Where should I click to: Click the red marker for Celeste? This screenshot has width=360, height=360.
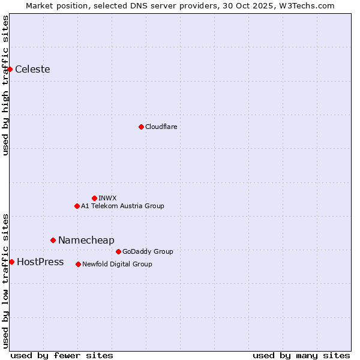pyautogui.click(x=10, y=69)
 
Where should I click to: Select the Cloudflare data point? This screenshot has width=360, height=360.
pyautogui.click(x=141, y=127)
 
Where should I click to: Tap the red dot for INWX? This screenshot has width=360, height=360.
pyautogui.click(x=94, y=198)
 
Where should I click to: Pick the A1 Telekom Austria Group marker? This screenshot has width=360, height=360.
pyautogui.click(x=77, y=206)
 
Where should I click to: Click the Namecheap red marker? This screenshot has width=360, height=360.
pyautogui.click(x=53, y=240)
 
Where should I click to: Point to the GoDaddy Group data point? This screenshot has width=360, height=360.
pyautogui.click(x=118, y=251)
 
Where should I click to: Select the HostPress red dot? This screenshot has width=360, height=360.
pyautogui.click(x=11, y=262)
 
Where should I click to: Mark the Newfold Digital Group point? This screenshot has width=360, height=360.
pyautogui.click(x=78, y=264)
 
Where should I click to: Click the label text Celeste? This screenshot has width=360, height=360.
pyautogui.click(x=32, y=69)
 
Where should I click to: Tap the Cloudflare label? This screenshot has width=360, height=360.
pyautogui.click(x=161, y=127)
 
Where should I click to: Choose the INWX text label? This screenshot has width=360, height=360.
pyautogui.click(x=107, y=198)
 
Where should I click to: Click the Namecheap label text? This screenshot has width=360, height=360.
pyautogui.click(x=86, y=240)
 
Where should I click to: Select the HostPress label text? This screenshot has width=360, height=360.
pyautogui.click(x=40, y=262)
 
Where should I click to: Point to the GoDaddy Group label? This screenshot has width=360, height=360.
pyautogui.click(x=148, y=251)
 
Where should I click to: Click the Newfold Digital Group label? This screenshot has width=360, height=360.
pyautogui.click(x=117, y=264)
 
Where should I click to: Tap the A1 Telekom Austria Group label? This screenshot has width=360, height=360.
pyautogui.click(x=122, y=206)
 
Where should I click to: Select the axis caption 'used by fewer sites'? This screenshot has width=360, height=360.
pyautogui.click(x=62, y=355)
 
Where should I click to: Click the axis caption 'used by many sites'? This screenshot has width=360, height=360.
pyautogui.click(x=301, y=355)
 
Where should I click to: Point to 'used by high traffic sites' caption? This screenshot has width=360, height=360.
pyautogui.click(x=5, y=86)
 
